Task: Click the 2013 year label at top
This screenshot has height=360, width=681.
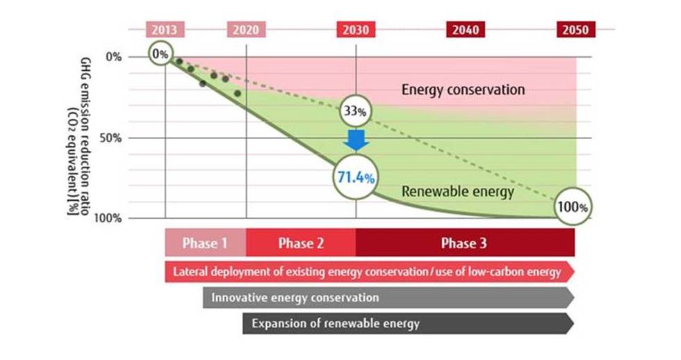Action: pyautogui.click(x=165, y=30)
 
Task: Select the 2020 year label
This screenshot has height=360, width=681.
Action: pyautogui.click(x=246, y=30)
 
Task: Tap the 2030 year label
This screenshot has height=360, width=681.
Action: pyautogui.click(x=356, y=30)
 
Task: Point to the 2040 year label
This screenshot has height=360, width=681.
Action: pyautogui.click(x=465, y=30)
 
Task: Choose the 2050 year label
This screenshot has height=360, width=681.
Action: pyautogui.click(x=575, y=30)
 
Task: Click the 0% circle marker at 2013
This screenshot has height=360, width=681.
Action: pyautogui.click(x=161, y=54)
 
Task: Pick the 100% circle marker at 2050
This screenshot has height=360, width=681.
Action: pyautogui.click(x=574, y=207)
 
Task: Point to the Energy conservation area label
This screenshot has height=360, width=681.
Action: pyautogui.click(x=463, y=90)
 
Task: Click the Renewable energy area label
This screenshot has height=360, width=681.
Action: pyautogui.click(x=458, y=193)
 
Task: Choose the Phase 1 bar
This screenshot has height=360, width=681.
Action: pyautogui.click(x=205, y=243)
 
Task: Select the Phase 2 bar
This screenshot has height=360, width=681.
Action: pyautogui.click(x=301, y=243)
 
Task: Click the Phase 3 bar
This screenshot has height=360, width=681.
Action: pyautogui.click(x=465, y=243)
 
